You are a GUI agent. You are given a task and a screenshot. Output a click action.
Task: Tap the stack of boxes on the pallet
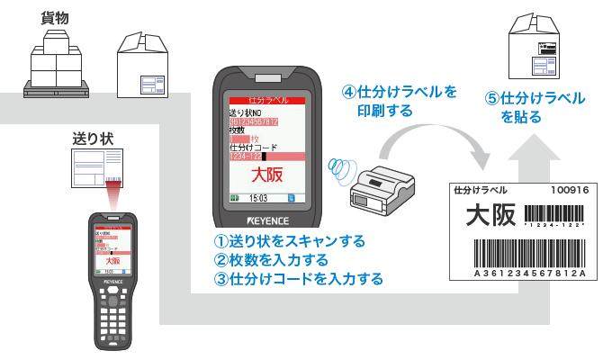click(57, 62)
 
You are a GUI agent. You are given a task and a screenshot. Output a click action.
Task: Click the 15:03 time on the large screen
click(259, 197)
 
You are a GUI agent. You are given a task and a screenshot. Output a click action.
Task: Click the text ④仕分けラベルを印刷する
click(399, 102)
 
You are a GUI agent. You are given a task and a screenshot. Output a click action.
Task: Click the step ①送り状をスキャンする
click(289, 241)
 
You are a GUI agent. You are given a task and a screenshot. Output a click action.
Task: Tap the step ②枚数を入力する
click(270, 260)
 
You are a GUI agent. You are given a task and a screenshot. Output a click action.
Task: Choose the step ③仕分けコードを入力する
click(298, 279)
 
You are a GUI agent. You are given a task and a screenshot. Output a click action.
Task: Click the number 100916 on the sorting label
click(570, 191)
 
